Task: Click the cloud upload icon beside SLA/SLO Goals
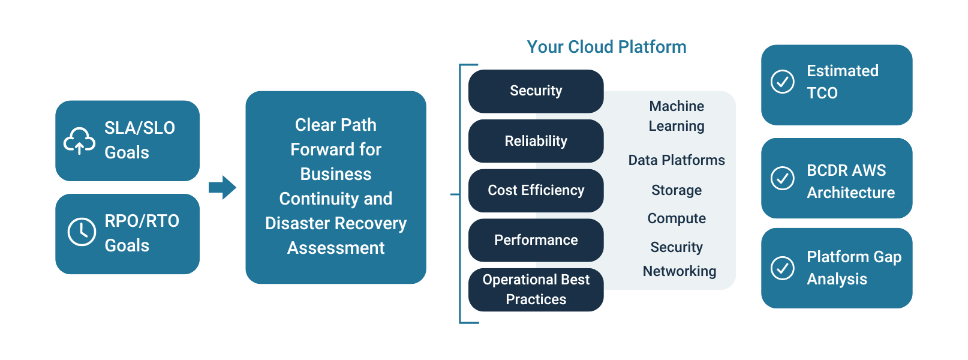(x=80, y=141)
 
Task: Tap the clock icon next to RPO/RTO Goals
(x=82, y=232)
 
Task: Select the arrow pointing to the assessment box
(x=223, y=188)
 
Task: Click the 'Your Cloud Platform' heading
(x=606, y=47)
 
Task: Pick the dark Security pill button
(x=536, y=91)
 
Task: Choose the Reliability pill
(x=536, y=141)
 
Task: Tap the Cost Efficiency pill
(x=536, y=191)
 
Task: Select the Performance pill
(x=536, y=240)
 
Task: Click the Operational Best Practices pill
(x=536, y=290)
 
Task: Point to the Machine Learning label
(x=677, y=116)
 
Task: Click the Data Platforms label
(x=677, y=160)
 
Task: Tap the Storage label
(x=677, y=190)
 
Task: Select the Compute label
(x=677, y=218)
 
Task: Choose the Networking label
(x=680, y=271)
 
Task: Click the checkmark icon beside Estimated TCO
(x=783, y=81)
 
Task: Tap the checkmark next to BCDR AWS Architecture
(x=783, y=178)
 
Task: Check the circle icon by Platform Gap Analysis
(x=783, y=268)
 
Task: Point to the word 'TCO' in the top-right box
(x=822, y=93)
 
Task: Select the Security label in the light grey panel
(x=677, y=247)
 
